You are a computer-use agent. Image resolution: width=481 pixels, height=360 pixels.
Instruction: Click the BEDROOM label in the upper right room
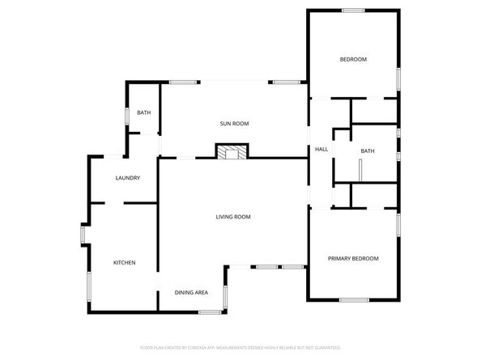(353, 60)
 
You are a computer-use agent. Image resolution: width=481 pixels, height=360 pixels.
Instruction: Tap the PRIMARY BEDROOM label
(353, 258)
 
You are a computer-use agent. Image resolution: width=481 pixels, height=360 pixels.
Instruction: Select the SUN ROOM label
(234, 124)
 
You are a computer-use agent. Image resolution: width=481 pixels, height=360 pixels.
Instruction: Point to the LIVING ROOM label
(233, 217)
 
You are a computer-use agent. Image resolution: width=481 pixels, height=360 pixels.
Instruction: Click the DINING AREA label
(192, 292)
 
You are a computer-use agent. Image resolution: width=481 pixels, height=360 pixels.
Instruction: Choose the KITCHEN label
(124, 263)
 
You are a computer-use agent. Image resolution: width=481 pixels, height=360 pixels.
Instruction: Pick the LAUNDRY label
(128, 178)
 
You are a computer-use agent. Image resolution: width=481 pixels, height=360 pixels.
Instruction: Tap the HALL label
(321, 150)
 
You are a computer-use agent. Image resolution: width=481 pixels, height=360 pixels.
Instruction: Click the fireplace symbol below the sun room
(232, 151)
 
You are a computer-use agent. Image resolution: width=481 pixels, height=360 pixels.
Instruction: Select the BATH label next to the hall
(368, 151)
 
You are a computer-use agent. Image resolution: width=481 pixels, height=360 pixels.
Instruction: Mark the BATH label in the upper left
(144, 113)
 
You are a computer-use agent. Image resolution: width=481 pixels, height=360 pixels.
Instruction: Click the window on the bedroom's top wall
(352, 11)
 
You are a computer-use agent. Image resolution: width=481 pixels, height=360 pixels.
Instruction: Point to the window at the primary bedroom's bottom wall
(353, 300)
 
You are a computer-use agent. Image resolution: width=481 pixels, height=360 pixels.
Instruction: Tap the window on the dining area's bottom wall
(210, 311)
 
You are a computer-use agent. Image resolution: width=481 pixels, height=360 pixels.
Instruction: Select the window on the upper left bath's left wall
(126, 116)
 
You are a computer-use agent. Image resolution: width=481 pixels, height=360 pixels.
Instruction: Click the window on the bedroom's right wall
(398, 79)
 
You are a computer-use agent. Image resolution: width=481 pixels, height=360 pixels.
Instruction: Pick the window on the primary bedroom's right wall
(398, 224)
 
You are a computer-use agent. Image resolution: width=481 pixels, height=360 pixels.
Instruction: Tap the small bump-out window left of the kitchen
(83, 235)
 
